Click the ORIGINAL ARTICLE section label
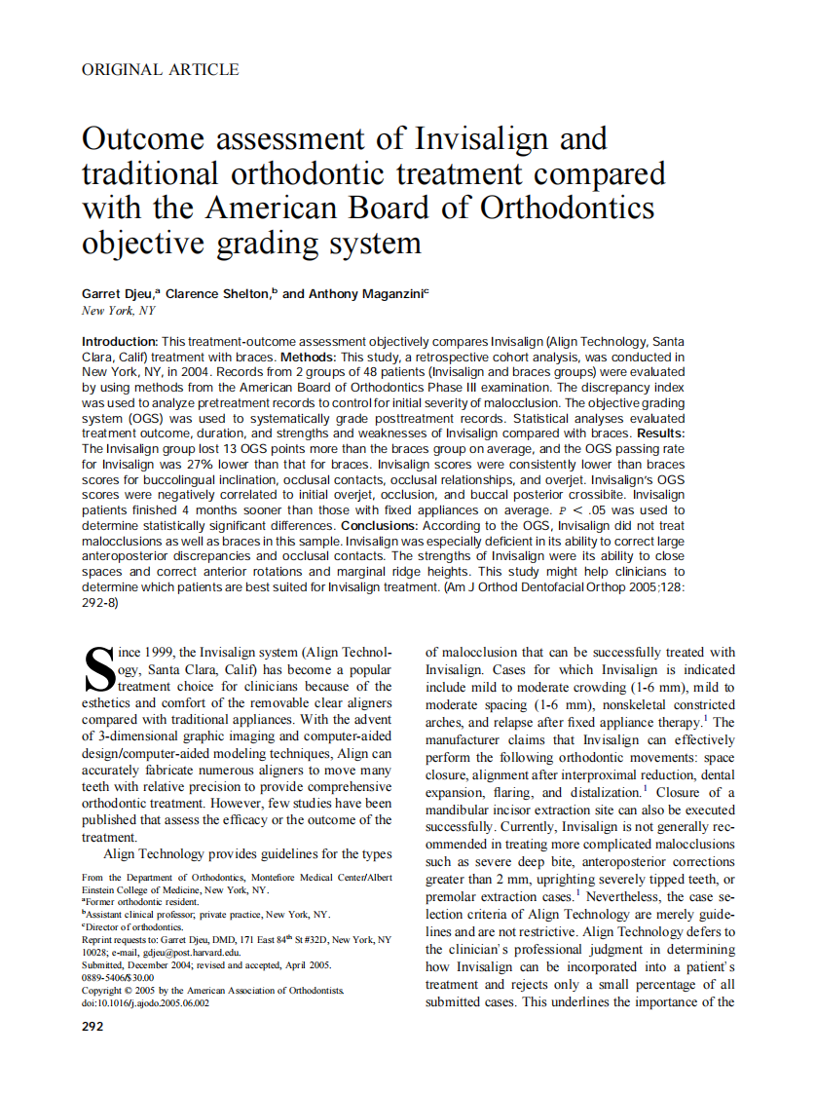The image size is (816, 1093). [x=161, y=69]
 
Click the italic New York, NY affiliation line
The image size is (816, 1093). [x=118, y=311]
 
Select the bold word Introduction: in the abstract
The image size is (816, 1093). [x=120, y=342]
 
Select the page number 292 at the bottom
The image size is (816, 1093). [x=93, y=1027]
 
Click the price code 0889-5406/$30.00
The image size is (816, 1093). [x=118, y=977]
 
